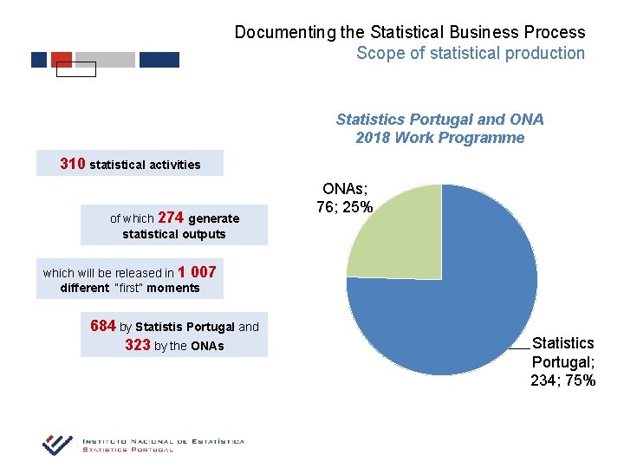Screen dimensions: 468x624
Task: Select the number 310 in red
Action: pyautogui.click(x=72, y=163)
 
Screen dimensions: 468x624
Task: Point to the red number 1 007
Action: pyautogui.click(x=197, y=271)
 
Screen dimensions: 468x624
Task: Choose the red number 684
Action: pyautogui.click(x=102, y=326)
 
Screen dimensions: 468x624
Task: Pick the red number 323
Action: pyautogui.click(x=138, y=344)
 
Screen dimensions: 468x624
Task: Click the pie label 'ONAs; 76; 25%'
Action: pyautogui.click(x=347, y=198)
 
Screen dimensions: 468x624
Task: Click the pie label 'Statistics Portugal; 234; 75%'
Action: pyautogui.click(x=563, y=361)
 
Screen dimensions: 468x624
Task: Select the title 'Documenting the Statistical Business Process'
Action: pyautogui.click(x=410, y=32)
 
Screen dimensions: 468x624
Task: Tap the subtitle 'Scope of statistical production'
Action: pyautogui.click(x=471, y=53)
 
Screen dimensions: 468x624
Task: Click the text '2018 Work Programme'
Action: pyautogui.click(x=439, y=138)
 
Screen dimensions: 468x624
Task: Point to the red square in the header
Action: pyautogui.click(x=62, y=59)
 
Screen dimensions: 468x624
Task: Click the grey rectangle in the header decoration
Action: pyautogui.click(x=105, y=60)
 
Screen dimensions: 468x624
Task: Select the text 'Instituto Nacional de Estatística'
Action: pyautogui.click(x=163, y=441)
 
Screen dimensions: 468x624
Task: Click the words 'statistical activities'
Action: pyautogui.click(x=145, y=165)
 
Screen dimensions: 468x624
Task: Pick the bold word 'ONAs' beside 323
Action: pyautogui.click(x=207, y=346)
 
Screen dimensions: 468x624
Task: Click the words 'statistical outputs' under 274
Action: pyautogui.click(x=173, y=234)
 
